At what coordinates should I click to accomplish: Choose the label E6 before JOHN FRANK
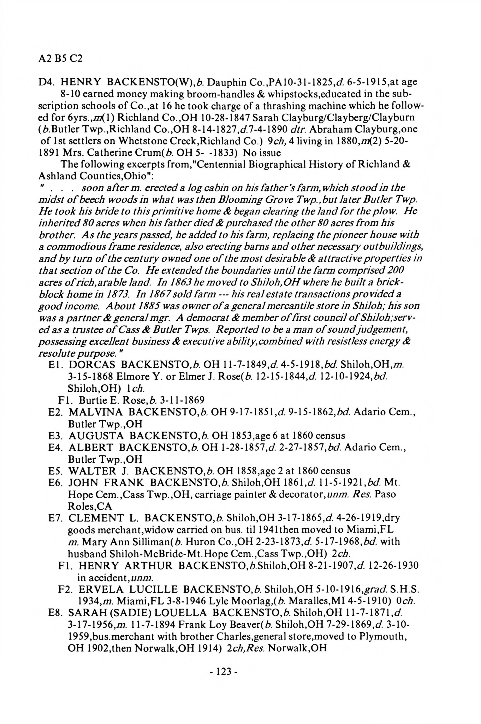click(55, 483)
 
